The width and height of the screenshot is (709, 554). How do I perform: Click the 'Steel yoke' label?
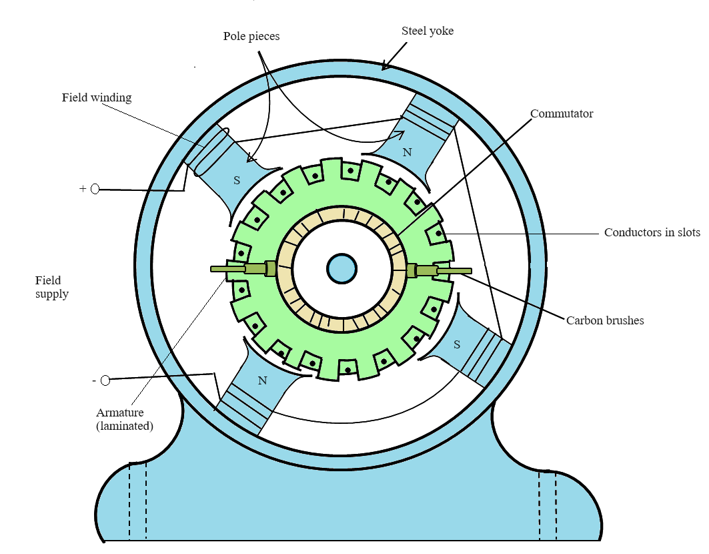point(428,31)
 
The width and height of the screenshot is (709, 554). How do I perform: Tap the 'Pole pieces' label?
point(251,36)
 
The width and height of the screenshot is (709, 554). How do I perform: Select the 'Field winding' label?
point(97,97)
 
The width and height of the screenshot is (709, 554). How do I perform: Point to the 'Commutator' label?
point(562,113)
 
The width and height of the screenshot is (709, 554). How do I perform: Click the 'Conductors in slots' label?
point(652,232)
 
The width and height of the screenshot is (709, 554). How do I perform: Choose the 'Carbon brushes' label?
point(605,320)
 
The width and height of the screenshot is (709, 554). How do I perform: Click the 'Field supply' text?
point(52,287)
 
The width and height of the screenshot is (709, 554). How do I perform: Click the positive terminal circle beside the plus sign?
point(95,189)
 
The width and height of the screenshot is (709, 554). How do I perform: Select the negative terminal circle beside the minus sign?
point(105,380)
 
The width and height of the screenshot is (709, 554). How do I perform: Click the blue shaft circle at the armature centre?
point(341,268)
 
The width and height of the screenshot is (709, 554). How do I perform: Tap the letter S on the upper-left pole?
point(236,180)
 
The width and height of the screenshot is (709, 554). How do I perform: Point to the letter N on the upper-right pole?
point(407,152)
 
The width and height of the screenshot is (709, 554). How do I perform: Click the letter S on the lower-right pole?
point(456,344)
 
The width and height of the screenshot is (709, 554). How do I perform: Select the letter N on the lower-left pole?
point(262,380)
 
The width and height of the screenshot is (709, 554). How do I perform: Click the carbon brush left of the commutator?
point(256,268)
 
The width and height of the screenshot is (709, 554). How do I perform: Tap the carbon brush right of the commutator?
point(426,270)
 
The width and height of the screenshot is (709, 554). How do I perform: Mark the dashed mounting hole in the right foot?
point(548,503)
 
